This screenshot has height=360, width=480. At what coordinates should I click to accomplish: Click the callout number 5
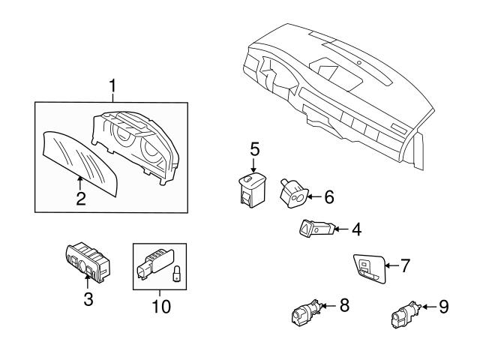click(x=253, y=147)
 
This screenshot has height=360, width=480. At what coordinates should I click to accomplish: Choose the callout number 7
click(x=405, y=265)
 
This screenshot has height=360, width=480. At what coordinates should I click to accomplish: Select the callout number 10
click(x=160, y=307)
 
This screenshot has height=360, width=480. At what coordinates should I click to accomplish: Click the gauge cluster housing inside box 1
click(x=138, y=145)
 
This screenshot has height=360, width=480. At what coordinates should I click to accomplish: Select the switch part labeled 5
click(x=250, y=187)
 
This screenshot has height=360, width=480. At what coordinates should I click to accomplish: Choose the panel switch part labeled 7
click(x=369, y=268)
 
